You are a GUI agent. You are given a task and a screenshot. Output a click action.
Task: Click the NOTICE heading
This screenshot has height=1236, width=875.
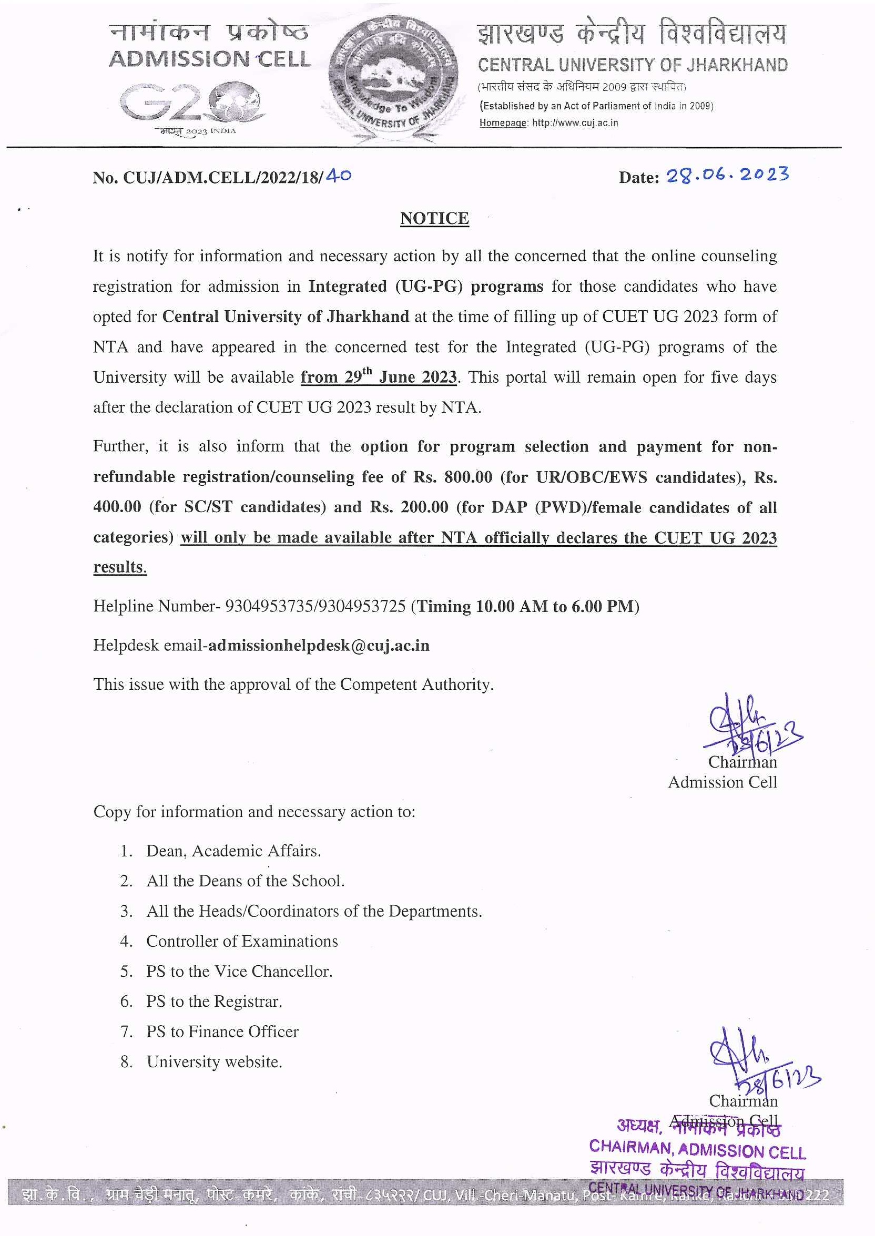[x=434, y=218]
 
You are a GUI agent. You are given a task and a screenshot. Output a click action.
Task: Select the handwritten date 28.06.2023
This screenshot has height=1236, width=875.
[x=727, y=175]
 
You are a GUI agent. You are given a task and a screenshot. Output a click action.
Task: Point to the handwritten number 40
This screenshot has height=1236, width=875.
[x=339, y=176]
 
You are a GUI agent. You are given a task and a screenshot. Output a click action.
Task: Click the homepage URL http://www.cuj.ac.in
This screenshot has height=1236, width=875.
[x=575, y=123]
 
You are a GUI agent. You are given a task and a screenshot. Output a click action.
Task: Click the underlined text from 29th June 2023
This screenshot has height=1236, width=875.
[x=378, y=376]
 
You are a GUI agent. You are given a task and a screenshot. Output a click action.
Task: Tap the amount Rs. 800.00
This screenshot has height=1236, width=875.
[x=453, y=477]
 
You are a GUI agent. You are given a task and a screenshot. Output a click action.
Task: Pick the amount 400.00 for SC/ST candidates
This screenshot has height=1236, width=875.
[x=117, y=507]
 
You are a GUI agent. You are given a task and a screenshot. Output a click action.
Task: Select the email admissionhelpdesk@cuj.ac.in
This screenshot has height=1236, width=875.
[x=319, y=645]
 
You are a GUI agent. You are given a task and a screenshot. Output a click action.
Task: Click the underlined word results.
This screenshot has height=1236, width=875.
[x=119, y=567]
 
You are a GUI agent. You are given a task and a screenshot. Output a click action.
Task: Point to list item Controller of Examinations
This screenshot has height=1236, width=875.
[x=242, y=941]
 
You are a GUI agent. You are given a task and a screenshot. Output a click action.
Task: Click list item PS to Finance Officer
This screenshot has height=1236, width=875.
[x=222, y=1031]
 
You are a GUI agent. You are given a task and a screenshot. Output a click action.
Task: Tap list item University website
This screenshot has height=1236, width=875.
[x=214, y=1061]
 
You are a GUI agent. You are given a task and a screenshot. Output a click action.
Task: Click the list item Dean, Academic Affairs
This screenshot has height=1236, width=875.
[x=233, y=851]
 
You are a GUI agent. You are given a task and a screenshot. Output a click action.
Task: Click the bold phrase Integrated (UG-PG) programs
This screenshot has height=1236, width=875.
[x=425, y=286]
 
